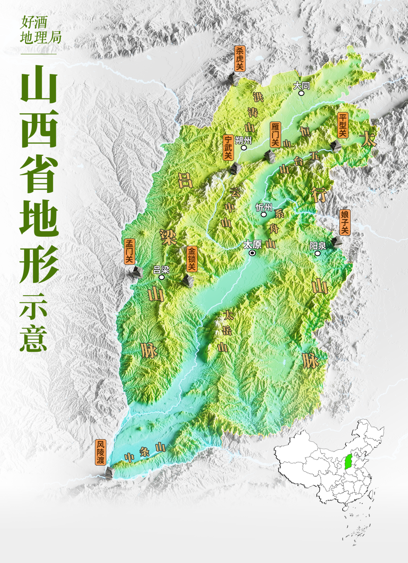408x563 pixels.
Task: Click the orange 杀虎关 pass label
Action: coord(240,59)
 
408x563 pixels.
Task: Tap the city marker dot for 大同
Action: coord(301,93)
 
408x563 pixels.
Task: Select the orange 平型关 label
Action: coord(343,125)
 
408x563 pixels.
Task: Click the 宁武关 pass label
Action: coord(228,147)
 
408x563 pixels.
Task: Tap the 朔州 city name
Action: coord(243,140)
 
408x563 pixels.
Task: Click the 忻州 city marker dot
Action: coord(264,214)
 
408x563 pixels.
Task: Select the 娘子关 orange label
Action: coord(345,222)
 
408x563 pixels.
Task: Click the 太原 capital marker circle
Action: coord(252,253)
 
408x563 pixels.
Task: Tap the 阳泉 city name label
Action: coord(317,246)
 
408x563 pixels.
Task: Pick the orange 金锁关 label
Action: coord(192,259)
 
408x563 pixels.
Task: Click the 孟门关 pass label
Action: coord(130,251)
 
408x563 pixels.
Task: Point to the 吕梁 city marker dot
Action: coord(162,277)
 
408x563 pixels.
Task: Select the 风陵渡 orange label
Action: coord(100,452)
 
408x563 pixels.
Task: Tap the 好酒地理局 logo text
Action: coord(40,30)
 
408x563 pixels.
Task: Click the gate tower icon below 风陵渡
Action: coord(109,472)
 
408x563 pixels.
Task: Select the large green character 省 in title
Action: coord(39,174)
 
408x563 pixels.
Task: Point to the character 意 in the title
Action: coord(34,338)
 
